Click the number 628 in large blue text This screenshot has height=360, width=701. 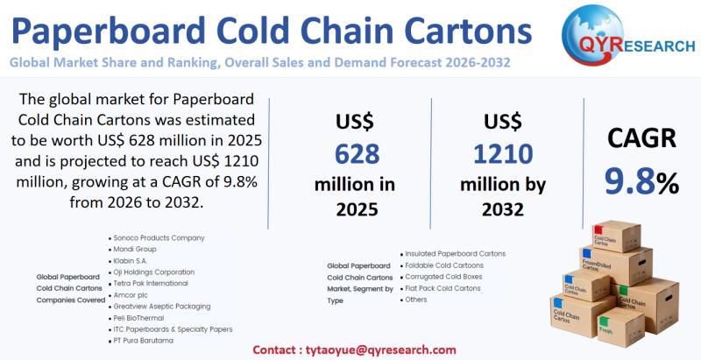tap(356, 154)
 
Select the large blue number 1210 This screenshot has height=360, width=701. tap(503, 154)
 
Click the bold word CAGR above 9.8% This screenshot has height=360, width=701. tap(641, 139)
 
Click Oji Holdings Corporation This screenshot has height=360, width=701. tap(154, 272)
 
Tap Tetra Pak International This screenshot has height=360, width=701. tap(151, 283)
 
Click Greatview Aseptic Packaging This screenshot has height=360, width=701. tap(162, 306)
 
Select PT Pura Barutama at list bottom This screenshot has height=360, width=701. tap(144, 340)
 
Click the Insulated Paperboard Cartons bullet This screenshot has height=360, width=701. tap(455, 253)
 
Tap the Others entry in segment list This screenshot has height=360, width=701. tap(417, 300)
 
